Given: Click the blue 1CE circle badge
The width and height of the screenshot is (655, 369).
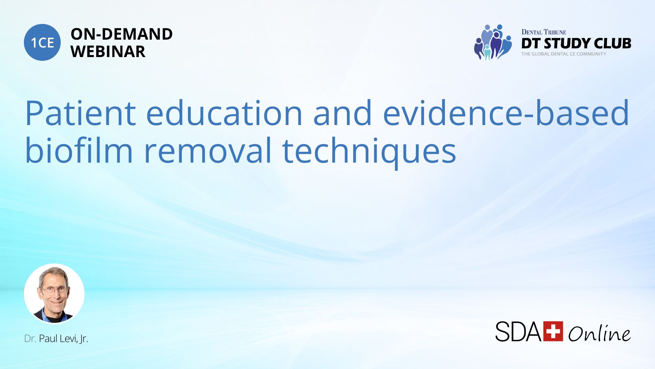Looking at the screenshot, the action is [42, 42].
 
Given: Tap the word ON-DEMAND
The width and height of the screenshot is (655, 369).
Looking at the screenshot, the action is [121, 34].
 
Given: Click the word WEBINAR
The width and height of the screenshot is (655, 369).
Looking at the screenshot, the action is [108, 52].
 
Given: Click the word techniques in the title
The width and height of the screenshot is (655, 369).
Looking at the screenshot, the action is [369, 152].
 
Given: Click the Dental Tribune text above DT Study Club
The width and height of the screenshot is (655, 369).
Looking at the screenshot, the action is [544, 32].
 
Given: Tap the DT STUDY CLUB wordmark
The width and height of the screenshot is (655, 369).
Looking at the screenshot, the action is [576, 43].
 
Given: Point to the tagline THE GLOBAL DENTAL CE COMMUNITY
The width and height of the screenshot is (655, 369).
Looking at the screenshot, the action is [564, 54].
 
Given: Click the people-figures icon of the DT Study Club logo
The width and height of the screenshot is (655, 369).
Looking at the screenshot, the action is [493, 42].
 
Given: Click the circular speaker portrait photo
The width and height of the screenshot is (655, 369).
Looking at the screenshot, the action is [54, 293].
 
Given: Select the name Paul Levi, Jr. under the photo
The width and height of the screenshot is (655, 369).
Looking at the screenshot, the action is [63, 339].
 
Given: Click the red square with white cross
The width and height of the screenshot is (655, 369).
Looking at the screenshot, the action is [553, 331].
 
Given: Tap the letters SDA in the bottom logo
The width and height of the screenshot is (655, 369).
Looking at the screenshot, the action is [519, 331].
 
